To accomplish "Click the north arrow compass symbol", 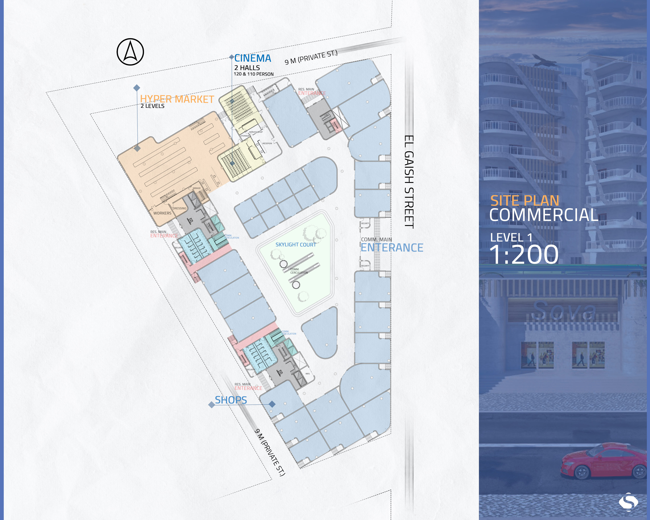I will pyautogui.click(x=130, y=52).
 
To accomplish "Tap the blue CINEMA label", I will pyautogui.click(x=253, y=58).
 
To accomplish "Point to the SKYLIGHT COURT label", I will pyautogui.click(x=295, y=245).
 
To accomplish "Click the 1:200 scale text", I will pyautogui.click(x=524, y=255).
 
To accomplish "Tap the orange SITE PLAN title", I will pyautogui.click(x=525, y=201).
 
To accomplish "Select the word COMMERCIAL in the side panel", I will pyautogui.click(x=544, y=215).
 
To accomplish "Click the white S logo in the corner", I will pyautogui.click(x=628, y=502).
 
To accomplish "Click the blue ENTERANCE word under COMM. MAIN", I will pyautogui.click(x=392, y=248).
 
